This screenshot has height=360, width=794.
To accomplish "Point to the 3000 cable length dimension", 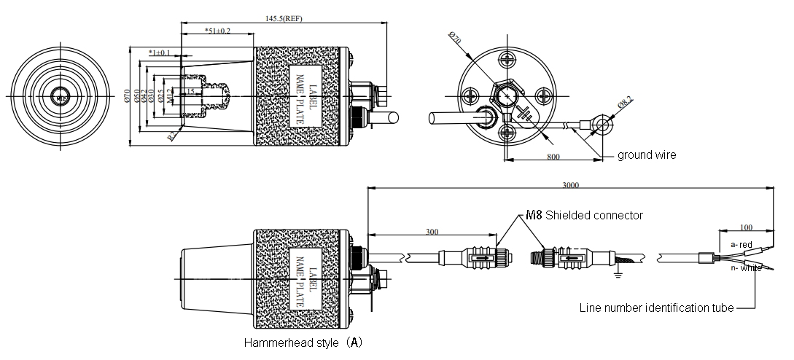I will (571, 185).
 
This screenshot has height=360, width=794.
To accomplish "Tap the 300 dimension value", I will (433, 232).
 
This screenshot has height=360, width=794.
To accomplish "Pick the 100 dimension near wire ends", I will (745, 228).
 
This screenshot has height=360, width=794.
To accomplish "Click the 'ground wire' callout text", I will (647, 154).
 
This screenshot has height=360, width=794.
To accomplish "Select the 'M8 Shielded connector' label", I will (584, 215).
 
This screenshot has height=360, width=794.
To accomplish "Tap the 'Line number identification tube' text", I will (656, 308).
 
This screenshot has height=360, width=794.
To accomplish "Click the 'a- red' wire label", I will (741, 244).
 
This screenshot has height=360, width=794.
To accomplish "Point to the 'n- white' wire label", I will (745, 268).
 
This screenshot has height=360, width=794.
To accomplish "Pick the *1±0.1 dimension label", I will (159, 52).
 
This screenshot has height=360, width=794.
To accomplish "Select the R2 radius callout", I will (171, 135).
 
